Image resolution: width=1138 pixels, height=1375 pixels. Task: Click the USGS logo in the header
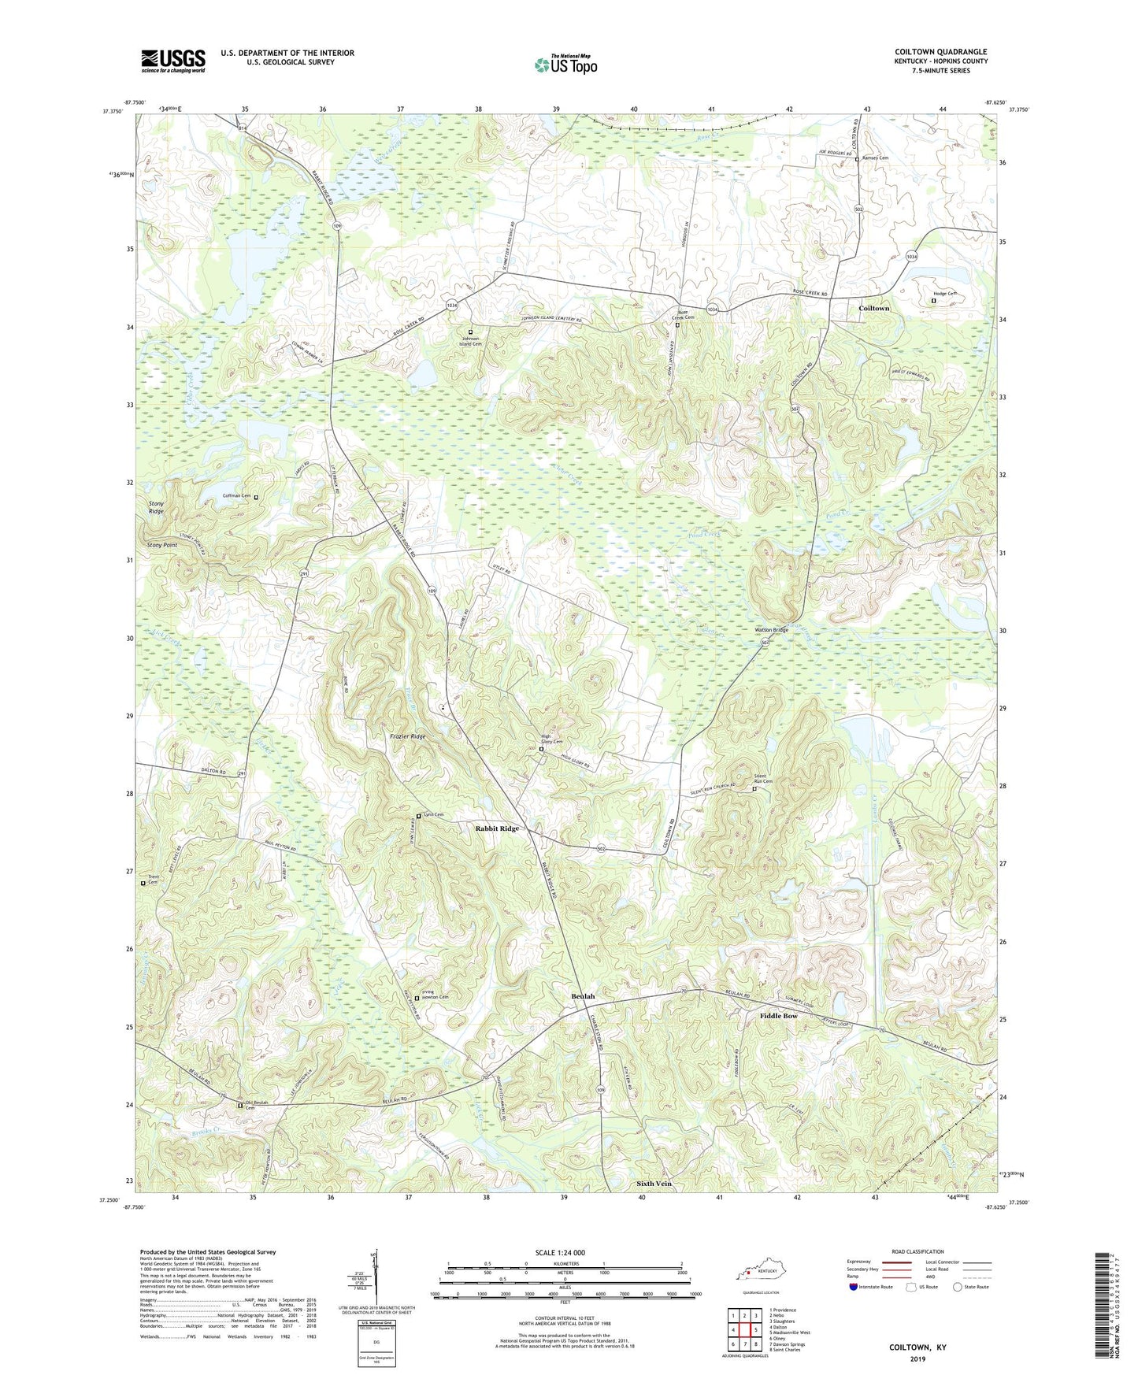(173, 60)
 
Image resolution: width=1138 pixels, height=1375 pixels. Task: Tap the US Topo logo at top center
(565, 65)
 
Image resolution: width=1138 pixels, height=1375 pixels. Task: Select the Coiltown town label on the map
(873, 309)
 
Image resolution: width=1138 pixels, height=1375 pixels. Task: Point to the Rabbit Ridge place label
(497, 828)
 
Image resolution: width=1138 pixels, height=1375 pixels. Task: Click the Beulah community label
(583, 996)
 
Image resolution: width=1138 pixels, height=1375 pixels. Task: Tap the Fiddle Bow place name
(778, 1016)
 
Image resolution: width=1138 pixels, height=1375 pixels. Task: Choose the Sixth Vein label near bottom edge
(654, 1184)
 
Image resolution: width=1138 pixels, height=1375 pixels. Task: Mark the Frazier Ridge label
(408, 736)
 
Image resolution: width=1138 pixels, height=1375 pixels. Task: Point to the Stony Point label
(162, 545)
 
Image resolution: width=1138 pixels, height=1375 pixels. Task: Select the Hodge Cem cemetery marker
(935, 300)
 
